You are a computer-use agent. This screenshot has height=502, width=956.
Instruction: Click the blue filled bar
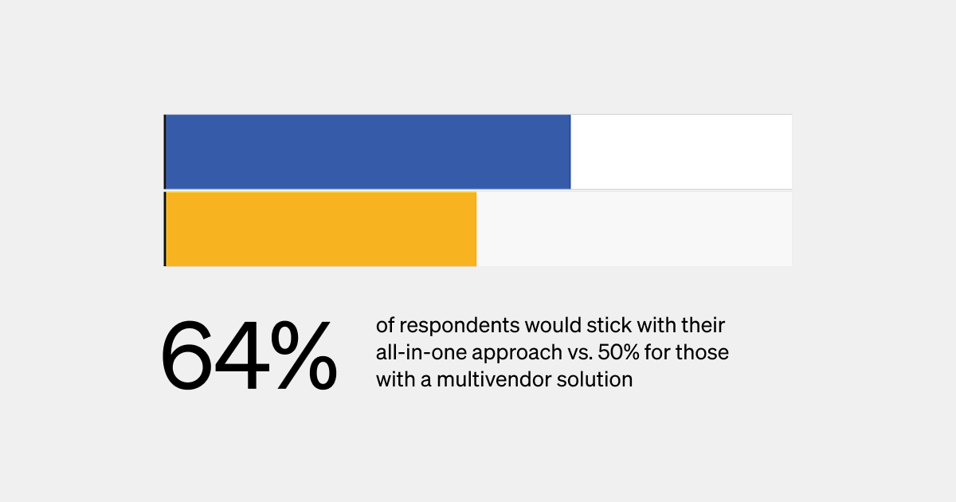(x=367, y=151)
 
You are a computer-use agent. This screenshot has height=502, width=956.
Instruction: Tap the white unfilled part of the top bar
(x=681, y=151)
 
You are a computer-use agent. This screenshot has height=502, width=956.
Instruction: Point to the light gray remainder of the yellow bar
(x=634, y=229)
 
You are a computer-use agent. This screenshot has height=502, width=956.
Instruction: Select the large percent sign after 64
(x=302, y=356)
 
